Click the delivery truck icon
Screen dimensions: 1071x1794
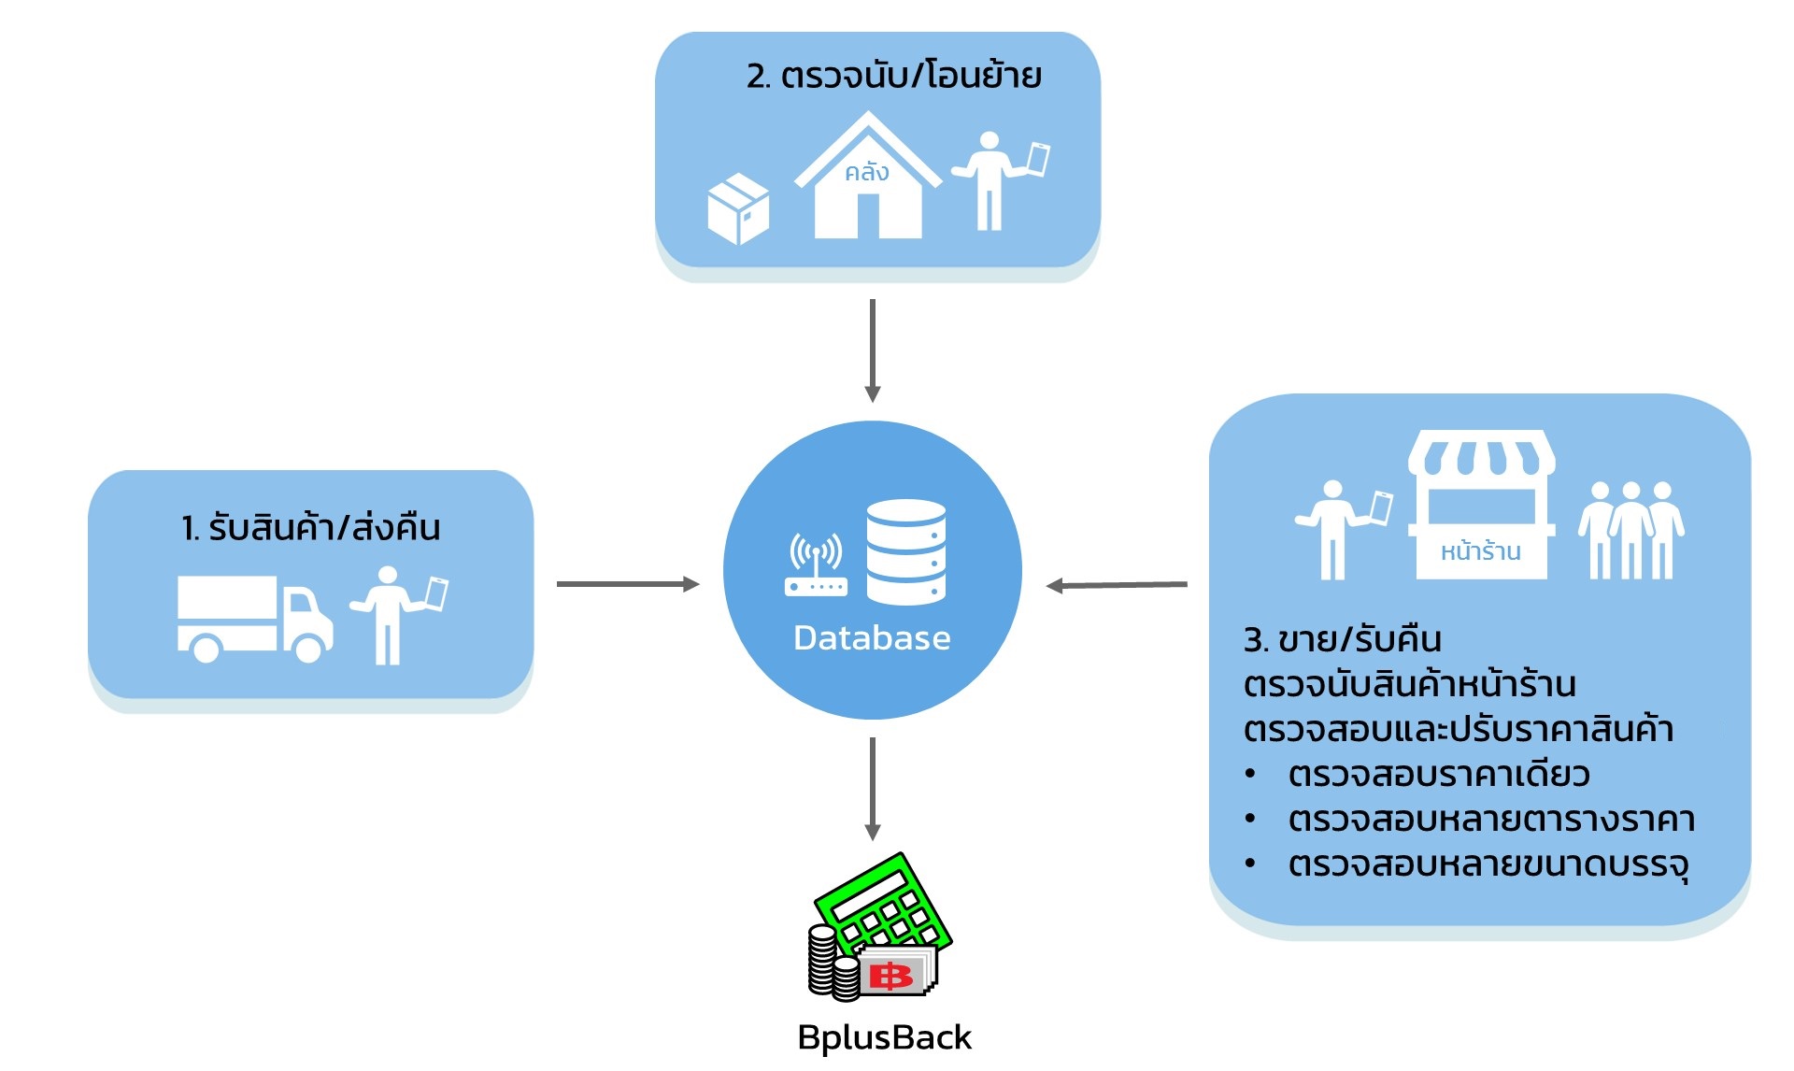pos(254,619)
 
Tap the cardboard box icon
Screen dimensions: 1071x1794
pos(738,209)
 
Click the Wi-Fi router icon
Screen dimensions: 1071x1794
pos(816,565)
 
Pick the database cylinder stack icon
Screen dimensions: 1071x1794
pos(905,551)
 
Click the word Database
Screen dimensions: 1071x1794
pos(872,638)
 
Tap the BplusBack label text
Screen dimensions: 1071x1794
pos(884,1037)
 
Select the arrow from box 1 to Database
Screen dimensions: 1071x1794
pos(627,584)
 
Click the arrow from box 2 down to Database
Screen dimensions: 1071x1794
pos(873,350)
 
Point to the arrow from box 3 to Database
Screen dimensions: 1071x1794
pos(1117,585)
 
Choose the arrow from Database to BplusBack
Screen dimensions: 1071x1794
pos(873,789)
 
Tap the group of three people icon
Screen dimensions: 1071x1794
pos(1630,530)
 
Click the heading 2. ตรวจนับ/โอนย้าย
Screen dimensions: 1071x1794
pos(893,76)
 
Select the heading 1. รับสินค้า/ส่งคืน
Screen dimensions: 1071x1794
pos(310,528)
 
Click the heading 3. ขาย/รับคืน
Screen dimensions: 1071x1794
pos(1342,640)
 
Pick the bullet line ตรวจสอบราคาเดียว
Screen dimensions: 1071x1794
pos(1438,775)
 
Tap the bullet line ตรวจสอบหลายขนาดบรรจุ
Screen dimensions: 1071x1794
pos(1488,864)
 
